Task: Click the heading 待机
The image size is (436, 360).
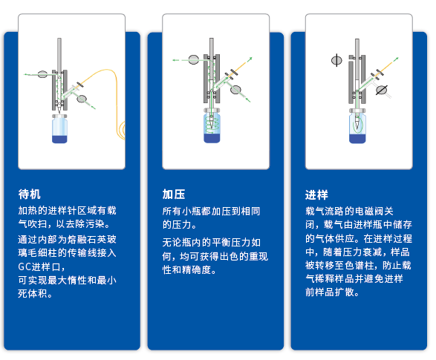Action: (30, 194)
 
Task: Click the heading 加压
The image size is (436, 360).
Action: (174, 194)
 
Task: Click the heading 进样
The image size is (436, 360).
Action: (316, 194)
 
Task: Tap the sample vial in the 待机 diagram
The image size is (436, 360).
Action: (59, 128)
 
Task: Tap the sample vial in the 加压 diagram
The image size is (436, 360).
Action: (212, 125)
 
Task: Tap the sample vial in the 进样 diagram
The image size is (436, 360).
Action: (357, 126)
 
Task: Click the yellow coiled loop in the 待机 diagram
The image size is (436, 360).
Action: (123, 130)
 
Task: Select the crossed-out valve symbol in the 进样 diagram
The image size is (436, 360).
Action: (382, 90)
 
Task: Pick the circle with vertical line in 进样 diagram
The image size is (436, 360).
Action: (336, 60)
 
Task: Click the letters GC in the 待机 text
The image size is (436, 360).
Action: (25, 266)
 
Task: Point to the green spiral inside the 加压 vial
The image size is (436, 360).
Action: (212, 124)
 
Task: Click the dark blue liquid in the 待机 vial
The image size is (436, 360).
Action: (59, 139)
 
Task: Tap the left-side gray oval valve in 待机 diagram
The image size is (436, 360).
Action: (42, 74)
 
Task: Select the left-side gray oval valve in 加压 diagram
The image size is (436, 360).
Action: (194, 59)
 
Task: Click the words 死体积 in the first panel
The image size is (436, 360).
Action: (32, 293)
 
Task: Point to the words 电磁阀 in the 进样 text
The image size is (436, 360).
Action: (359, 211)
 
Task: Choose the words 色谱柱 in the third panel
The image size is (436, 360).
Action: (359, 265)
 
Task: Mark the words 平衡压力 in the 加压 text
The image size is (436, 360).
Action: (231, 243)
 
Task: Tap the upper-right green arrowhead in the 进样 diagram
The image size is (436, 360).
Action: (397, 59)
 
